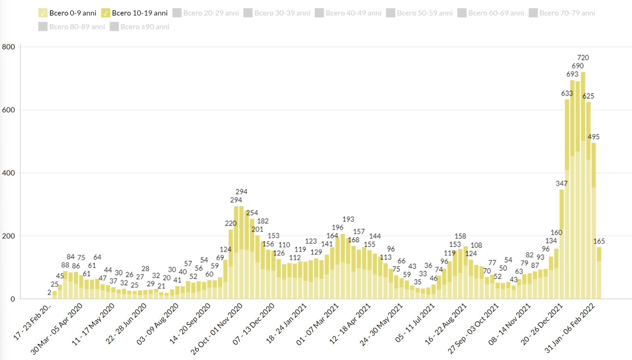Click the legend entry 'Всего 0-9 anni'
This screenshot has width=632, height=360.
point(67,13)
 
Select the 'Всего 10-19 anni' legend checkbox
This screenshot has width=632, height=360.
point(106,13)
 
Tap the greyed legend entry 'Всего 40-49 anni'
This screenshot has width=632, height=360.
point(348,13)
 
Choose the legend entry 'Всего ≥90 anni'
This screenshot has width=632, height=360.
point(140,27)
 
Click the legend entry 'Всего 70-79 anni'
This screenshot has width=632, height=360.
point(562,13)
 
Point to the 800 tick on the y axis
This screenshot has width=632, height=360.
point(9,47)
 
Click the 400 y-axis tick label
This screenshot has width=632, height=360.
point(9,173)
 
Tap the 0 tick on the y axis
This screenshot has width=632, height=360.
point(13,299)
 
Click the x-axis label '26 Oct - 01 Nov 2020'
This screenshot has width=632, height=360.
point(217,329)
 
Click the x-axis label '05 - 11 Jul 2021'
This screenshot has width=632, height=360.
point(415,323)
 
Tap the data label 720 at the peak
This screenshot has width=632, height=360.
point(583,58)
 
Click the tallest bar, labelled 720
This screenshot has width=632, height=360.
point(583,184)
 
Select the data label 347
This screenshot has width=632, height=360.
point(562,184)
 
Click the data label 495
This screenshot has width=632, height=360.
point(593,137)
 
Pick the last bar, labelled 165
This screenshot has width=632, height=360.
point(599,273)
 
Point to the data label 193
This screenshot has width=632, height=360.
point(348,219)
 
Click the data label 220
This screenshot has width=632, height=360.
point(231,223)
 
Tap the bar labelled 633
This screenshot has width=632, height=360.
point(567,197)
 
